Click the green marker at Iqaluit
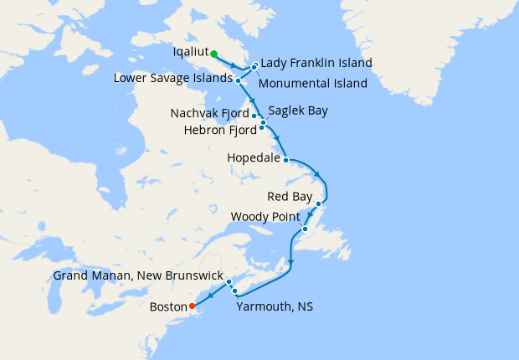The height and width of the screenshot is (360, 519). click(213, 54)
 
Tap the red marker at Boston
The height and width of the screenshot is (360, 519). click(193, 306)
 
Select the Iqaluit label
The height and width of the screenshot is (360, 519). click(190, 52)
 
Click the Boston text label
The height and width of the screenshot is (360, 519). click(168, 306)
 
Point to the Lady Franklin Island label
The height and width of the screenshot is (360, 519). click(316, 63)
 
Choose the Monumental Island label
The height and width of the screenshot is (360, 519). click(313, 84)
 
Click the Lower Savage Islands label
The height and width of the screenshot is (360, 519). click(173, 79)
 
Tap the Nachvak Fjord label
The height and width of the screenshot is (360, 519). click(209, 113)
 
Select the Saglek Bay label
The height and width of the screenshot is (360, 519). click(298, 111)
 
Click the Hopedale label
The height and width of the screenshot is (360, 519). click(254, 157)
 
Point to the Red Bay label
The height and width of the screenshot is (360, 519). click(289, 197)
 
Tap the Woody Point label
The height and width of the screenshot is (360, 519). click(265, 217)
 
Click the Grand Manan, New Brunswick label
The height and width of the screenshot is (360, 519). click(138, 275)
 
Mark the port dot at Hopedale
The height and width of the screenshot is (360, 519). click(286, 159)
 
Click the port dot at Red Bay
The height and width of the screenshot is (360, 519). click(319, 203)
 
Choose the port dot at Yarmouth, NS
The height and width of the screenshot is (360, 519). click(235, 291)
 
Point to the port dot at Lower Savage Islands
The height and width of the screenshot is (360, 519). click(239, 80)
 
